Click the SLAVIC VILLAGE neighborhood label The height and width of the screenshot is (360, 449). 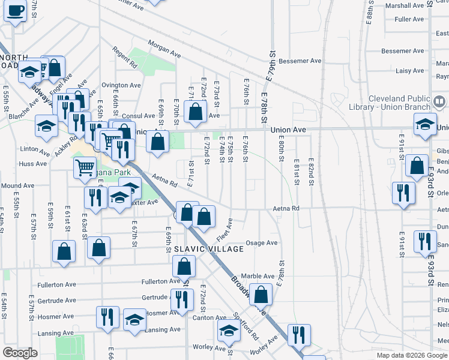209,249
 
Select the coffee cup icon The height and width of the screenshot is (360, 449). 16,11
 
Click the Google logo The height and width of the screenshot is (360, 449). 20,353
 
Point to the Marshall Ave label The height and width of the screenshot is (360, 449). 405,5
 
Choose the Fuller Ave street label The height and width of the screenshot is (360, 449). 409,19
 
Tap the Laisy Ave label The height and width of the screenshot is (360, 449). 410,71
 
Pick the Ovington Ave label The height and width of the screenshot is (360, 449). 121,85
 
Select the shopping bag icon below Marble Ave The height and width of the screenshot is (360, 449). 261,294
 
